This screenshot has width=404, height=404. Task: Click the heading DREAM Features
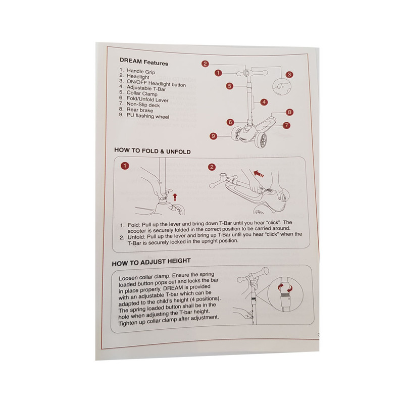point(144,62)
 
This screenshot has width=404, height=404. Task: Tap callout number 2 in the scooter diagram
point(205,64)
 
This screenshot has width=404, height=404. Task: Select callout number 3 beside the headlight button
point(289,75)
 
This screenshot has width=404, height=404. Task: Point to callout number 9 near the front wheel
point(213,136)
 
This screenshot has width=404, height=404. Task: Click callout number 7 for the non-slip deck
point(286,125)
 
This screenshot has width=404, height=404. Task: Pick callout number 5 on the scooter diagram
point(230,86)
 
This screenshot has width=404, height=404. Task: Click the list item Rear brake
point(140,110)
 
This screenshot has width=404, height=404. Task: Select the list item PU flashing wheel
point(147,116)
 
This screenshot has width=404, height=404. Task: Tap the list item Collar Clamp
point(142,93)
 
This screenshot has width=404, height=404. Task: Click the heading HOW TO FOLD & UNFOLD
point(153,151)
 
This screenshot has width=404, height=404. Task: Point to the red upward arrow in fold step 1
point(175,197)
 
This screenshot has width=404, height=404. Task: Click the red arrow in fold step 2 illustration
point(259,173)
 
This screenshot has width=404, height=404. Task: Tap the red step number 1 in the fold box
point(125,166)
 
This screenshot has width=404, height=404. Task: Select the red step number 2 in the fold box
point(212,167)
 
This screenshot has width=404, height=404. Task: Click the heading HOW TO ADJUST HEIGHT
point(151,262)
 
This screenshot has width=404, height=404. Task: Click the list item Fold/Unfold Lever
point(147,99)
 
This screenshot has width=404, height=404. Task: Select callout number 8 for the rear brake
point(289,112)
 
